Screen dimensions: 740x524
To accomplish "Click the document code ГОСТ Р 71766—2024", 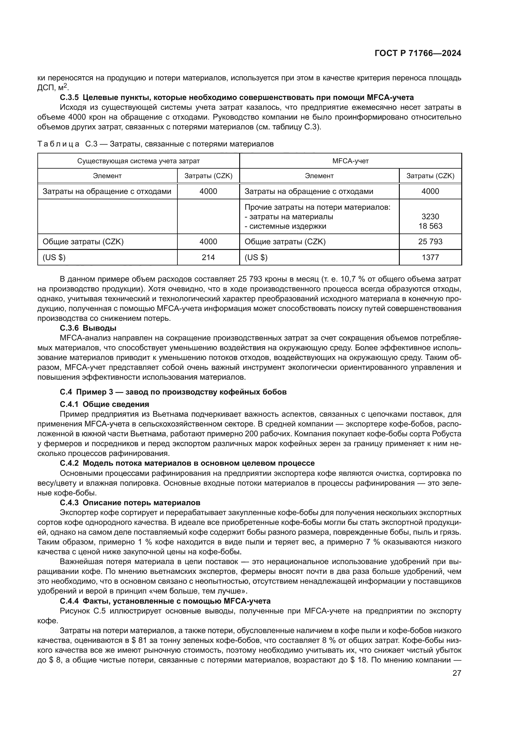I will click(418, 53).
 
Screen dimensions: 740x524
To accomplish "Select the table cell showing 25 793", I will click(430, 241).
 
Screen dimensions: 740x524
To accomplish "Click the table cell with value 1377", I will click(430, 257).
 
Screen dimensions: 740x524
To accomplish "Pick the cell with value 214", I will click(208, 257).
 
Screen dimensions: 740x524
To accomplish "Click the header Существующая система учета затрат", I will click(138, 161).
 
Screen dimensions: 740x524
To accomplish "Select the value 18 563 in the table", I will click(430, 226).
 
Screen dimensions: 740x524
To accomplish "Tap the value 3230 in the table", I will click(430, 217).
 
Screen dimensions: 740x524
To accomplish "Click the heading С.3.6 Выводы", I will click(88, 328).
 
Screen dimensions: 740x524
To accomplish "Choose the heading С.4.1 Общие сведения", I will click(105, 404).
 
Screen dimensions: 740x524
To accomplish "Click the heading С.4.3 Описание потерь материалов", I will click(130, 503).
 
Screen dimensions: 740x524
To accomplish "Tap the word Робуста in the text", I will click(447, 433).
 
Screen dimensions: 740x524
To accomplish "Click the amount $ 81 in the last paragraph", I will click(137, 640).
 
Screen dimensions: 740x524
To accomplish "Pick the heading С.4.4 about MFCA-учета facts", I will click(165, 601).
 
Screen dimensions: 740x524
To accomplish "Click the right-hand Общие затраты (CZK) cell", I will click(285, 241).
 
